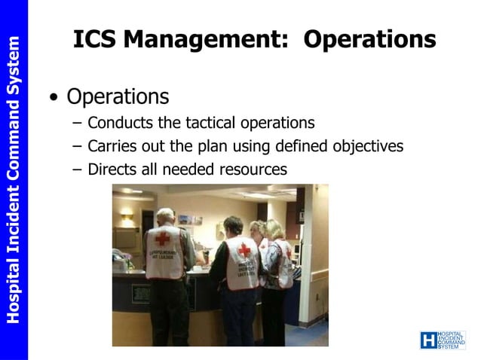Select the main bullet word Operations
click(118, 96)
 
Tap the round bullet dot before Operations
click(53, 98)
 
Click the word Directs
click(112, 169)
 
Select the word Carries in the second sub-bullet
click(111, 145)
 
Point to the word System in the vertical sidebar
click(14, 69)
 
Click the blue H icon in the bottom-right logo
click(428, 340)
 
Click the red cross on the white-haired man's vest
click(163, 239)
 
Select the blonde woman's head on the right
click(274, 228)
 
